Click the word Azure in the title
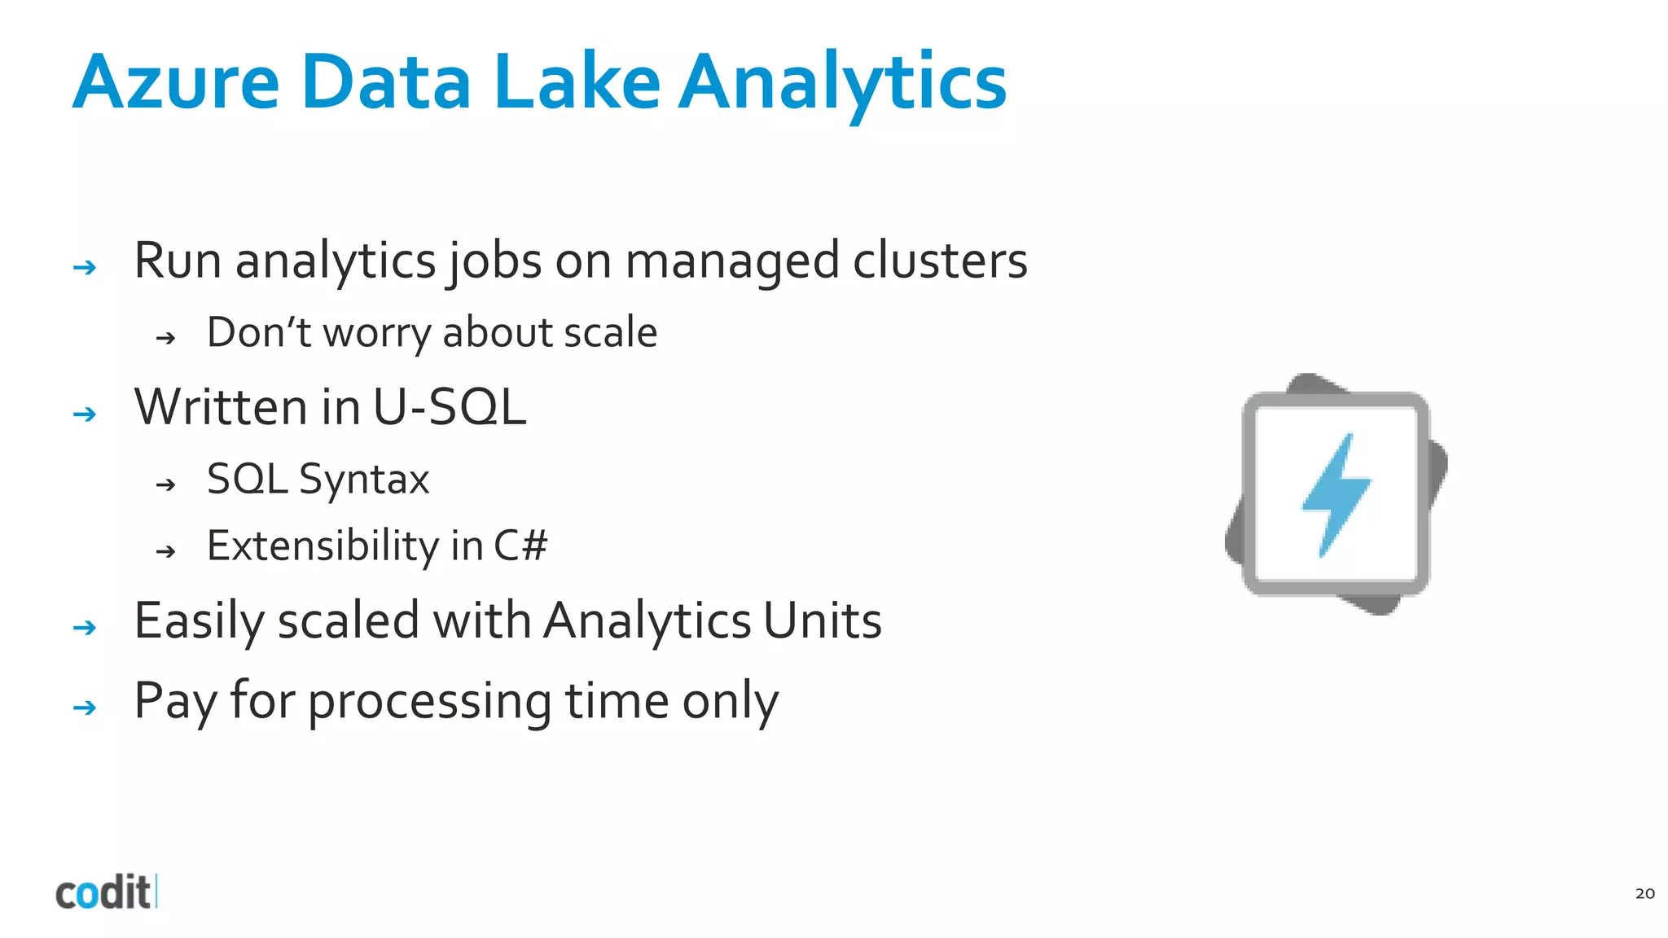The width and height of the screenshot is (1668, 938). tap(176, 82)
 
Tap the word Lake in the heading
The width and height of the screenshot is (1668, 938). tap(577, 82)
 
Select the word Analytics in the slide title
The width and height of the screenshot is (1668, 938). tap(843, 82)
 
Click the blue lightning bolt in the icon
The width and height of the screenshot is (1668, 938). tap(1336, 494)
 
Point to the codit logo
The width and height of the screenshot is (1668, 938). tap(104, 892)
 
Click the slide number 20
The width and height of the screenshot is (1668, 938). tap(1644, 893)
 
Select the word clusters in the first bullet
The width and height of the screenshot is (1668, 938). tap(940, 261)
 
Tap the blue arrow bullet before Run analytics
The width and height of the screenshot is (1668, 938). tap(85, 267)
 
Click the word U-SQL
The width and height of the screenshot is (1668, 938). tap(450, 407)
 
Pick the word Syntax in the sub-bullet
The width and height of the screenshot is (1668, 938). tap(364, 480)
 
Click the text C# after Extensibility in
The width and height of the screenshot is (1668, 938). tap(520, 546)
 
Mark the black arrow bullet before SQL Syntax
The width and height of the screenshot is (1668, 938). tap(166, 485)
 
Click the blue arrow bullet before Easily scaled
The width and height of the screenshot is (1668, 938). tap(85, 628)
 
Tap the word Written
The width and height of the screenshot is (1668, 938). tap(222, 407)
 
